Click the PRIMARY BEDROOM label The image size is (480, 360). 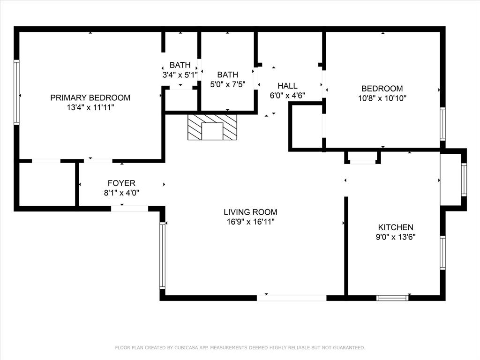(x=90, y=97)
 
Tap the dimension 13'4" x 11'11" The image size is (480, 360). (x=90, y=107)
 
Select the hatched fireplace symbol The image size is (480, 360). (x=212, y=127)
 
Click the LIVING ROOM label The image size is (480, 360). (x=250, y=212)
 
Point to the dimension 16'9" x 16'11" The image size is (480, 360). (x=250, y=222)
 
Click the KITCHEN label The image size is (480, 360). (x=396, y=227)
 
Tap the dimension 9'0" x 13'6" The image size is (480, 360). (x=396, y=237)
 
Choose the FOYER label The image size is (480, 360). (x=121, y=183)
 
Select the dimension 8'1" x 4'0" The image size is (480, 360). (x=121, y=193)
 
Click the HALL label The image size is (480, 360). (x=287, y=86)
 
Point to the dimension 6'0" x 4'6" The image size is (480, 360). (x=287, y=95)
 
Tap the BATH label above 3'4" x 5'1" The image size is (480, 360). (x=180, y=65)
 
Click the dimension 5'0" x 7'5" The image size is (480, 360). (x=227, y=84)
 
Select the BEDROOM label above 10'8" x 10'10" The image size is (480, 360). (x=382, y=89)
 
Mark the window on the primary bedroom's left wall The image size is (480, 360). (x=16, y=92)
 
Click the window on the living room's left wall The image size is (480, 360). (x=162, y=255)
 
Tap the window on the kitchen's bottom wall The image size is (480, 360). (x=393, y=298)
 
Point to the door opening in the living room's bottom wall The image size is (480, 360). (x=292, y=298)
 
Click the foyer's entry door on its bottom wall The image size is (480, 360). (x=130, y=209)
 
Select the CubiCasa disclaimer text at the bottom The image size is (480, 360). (x=240, y=347)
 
